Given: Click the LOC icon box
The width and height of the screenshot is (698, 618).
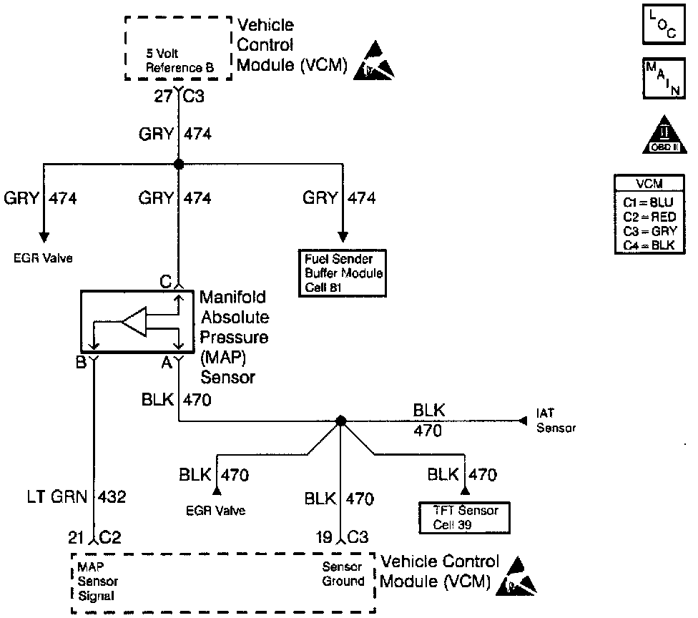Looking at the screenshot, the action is [x=663, y=24].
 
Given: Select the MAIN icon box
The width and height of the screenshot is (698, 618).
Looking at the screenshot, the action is [x=663, y=78].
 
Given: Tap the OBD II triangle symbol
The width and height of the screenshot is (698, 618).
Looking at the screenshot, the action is [x=664, y=134].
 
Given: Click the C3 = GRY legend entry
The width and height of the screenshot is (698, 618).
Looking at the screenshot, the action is [x=649, y=231].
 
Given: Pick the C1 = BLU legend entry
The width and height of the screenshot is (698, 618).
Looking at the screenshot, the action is [x=648, y=202].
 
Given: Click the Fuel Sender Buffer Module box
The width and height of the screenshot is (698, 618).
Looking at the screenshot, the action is [x=343, y=273].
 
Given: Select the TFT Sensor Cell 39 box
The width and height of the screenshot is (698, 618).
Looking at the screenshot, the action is [x=464, y=518].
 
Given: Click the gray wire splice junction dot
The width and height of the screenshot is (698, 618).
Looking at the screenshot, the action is [x=179, y=164].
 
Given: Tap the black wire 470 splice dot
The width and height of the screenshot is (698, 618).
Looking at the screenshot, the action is [x=340, y=421].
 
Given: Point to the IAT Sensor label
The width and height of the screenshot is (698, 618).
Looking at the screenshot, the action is [x=556, y=421].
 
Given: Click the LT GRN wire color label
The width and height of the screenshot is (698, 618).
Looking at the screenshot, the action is [x=56, y=496].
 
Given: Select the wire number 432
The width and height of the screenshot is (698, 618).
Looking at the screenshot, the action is [x=112, y=496].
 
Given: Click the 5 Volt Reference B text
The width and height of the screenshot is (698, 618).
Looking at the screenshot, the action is [x=180, y=61].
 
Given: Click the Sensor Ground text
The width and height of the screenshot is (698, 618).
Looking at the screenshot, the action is [x=343, y=574].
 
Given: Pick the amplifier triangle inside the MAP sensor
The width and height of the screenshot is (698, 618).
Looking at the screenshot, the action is [x=134, y=321].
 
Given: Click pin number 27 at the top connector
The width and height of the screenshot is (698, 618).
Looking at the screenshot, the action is [x=163, y=96].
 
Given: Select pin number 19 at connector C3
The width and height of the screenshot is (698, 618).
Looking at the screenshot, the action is [x=324, y=537].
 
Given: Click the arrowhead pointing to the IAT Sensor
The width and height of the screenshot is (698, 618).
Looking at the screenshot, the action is [x=523, y=421].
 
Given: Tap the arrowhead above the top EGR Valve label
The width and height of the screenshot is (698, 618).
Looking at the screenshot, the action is [x=44, y=237].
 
